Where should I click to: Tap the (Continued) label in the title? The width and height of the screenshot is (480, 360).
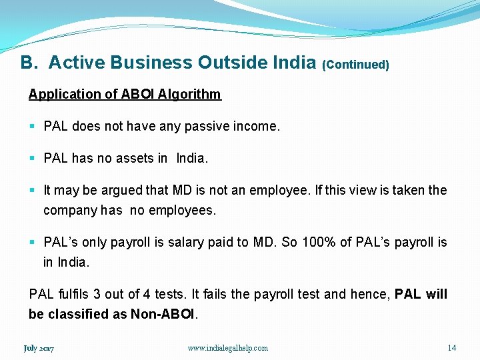point(355,65)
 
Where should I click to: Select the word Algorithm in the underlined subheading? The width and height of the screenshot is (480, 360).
point(189,94)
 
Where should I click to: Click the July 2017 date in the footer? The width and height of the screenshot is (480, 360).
point(39,348)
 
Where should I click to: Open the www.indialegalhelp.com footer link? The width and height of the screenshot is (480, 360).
point(228,348)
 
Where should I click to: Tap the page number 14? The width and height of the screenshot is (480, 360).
point(451,347)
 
